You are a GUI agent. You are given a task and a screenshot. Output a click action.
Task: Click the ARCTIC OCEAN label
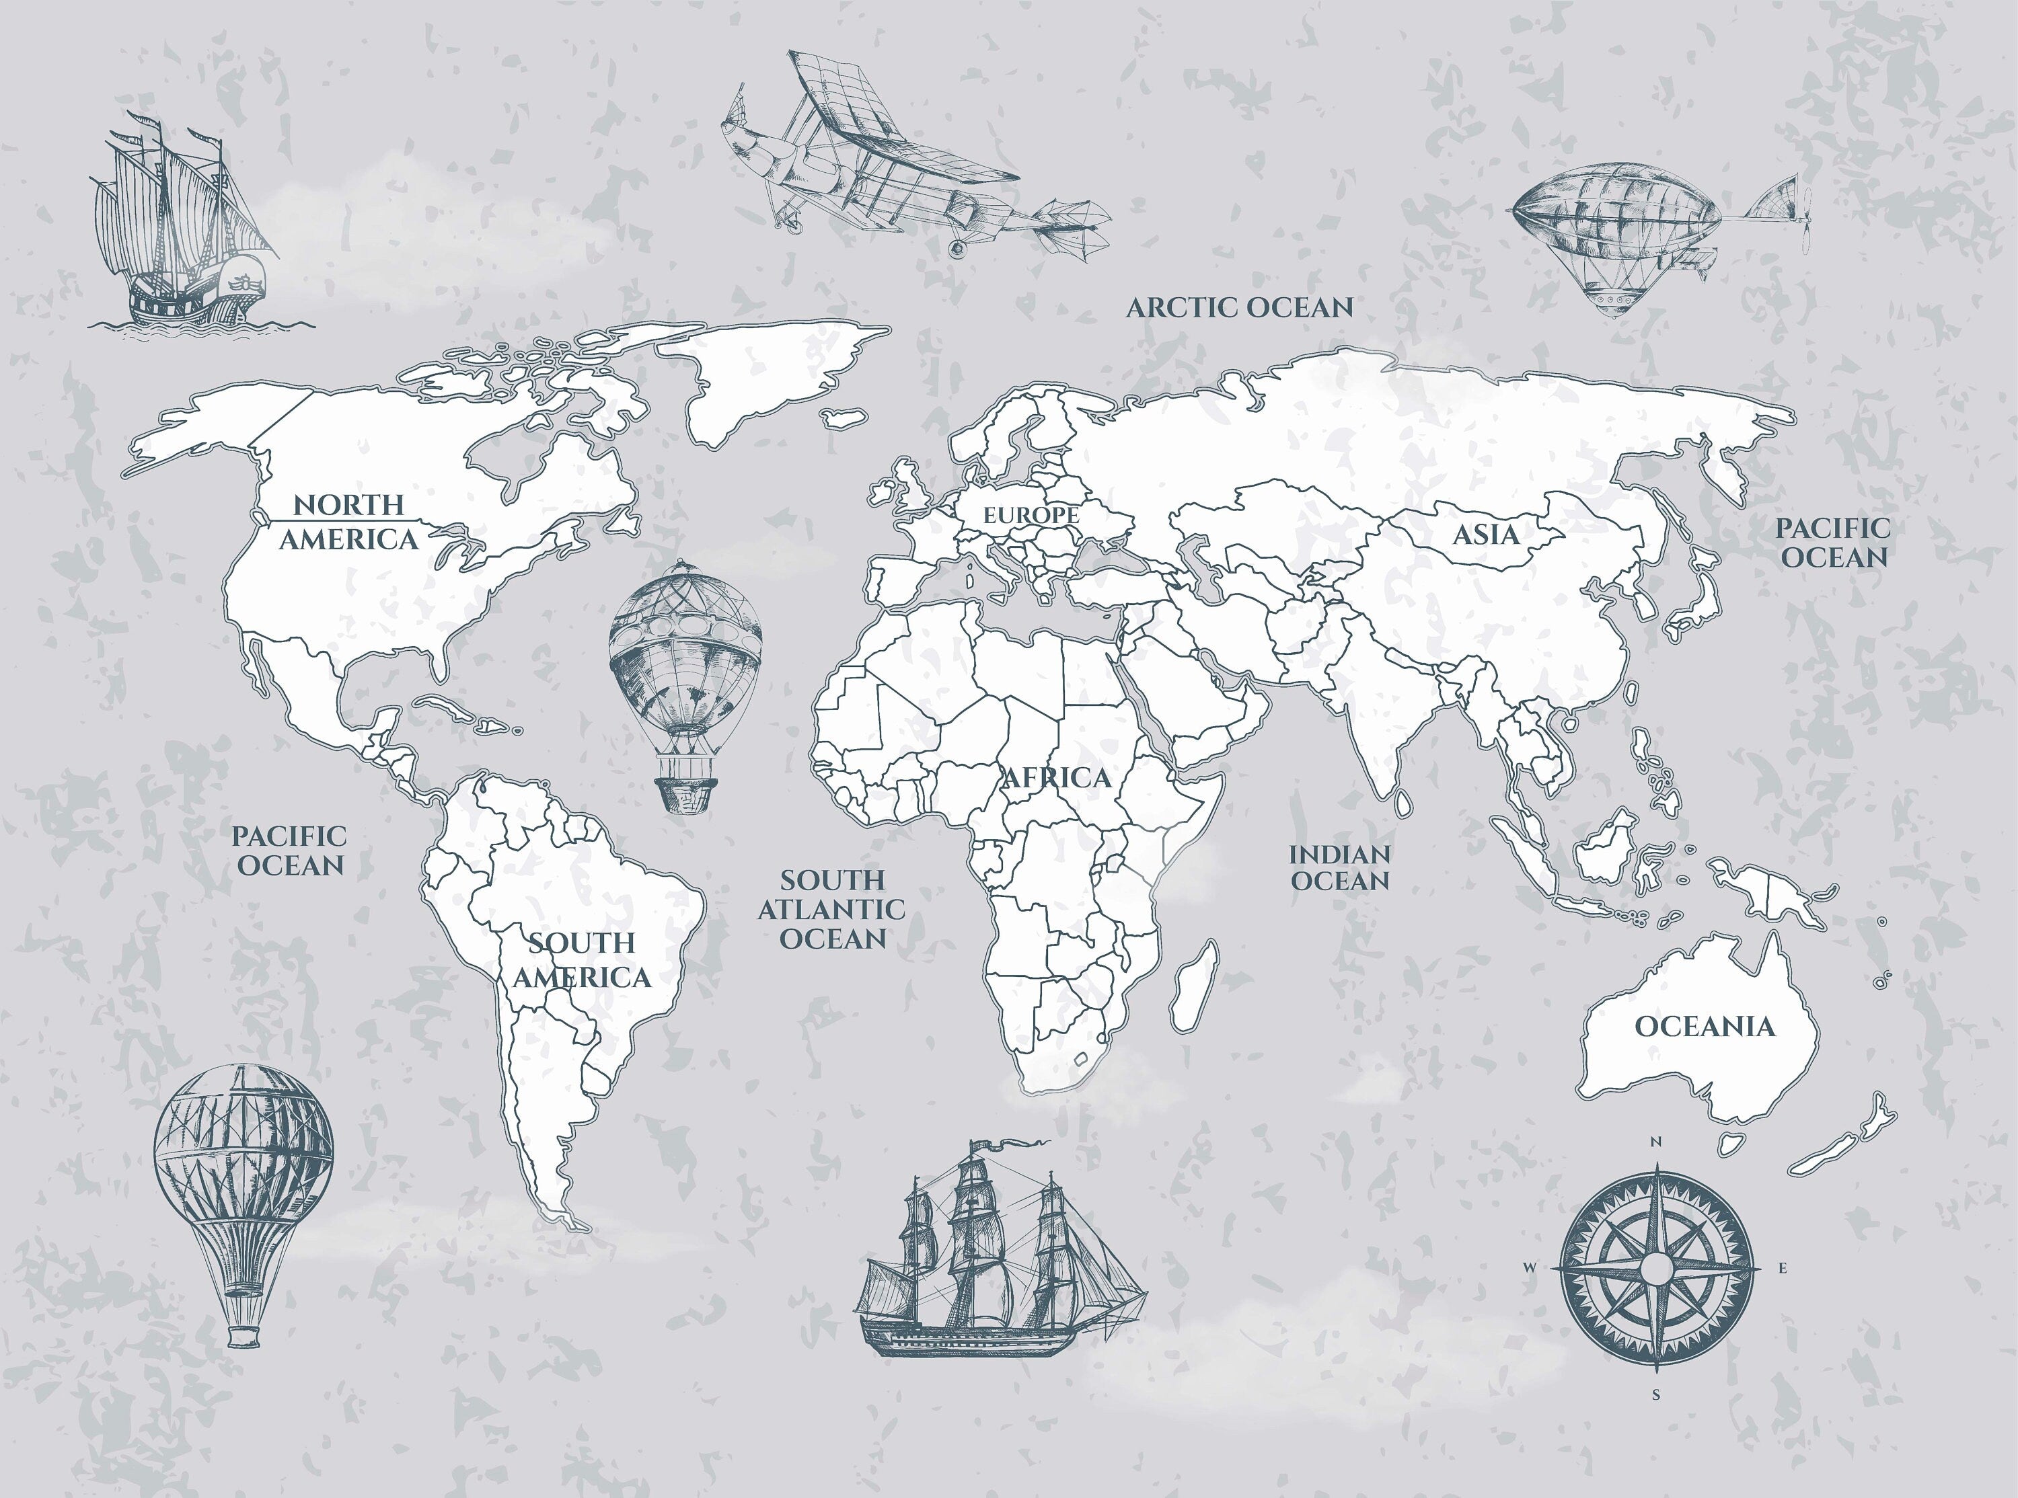(1239, 307)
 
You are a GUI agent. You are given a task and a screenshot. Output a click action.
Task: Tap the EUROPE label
(1031, 515)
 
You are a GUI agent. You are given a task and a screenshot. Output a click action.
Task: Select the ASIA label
(1486, 534)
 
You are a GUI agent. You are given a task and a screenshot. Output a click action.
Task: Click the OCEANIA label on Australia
(1704, 1027)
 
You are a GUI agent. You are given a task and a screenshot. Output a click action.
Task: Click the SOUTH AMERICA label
(581, 959)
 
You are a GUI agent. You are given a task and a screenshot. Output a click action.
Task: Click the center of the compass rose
(1656, 1267)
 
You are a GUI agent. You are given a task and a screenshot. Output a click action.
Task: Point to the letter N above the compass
(1656, 1142)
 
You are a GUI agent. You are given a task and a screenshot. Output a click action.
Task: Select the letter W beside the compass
(1529, 1267)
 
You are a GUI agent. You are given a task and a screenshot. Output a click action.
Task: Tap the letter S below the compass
(1655, 1396)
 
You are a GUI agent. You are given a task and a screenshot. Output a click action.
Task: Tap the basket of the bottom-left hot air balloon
(243, 1337)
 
